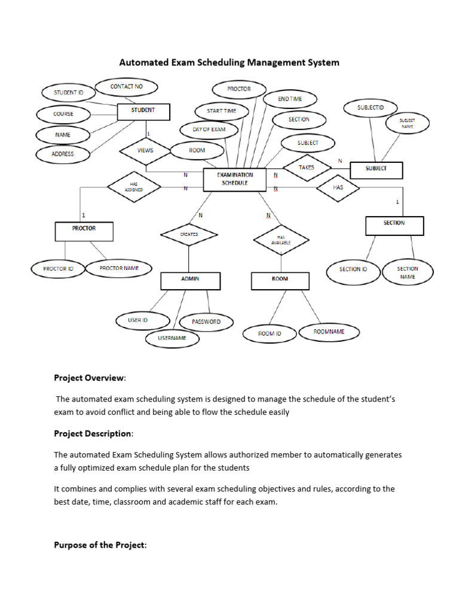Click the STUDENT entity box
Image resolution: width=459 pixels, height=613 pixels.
pos(143,111)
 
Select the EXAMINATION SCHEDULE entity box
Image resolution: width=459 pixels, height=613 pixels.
pos(235,179)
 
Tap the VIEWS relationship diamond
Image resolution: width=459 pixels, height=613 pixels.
pos(145,151)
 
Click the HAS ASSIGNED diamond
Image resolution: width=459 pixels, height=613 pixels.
pos(134,187)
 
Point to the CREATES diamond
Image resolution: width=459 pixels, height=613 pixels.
pos(189,235)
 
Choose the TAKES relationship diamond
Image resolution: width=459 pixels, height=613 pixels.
pos(307,168)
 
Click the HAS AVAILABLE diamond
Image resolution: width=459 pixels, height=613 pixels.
pos(281,240)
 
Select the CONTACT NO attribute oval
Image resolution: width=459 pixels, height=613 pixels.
pos(126,87)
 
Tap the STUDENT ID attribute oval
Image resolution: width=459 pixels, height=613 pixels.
pos(69,93)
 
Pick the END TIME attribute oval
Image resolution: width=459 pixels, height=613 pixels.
pos(290,99)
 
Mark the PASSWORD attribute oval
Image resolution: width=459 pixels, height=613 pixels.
pos(206,322)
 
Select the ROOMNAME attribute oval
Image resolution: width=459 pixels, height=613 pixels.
pos(329,332)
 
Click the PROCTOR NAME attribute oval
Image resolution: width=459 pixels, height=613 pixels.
pos(119,268)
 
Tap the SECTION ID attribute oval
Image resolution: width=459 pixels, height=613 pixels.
pos(353,269)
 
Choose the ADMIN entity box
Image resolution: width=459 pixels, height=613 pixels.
pos(190,280)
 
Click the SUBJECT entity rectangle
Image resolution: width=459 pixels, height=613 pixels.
pos(376,169)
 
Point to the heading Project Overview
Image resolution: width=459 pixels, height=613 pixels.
pos(90,378)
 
